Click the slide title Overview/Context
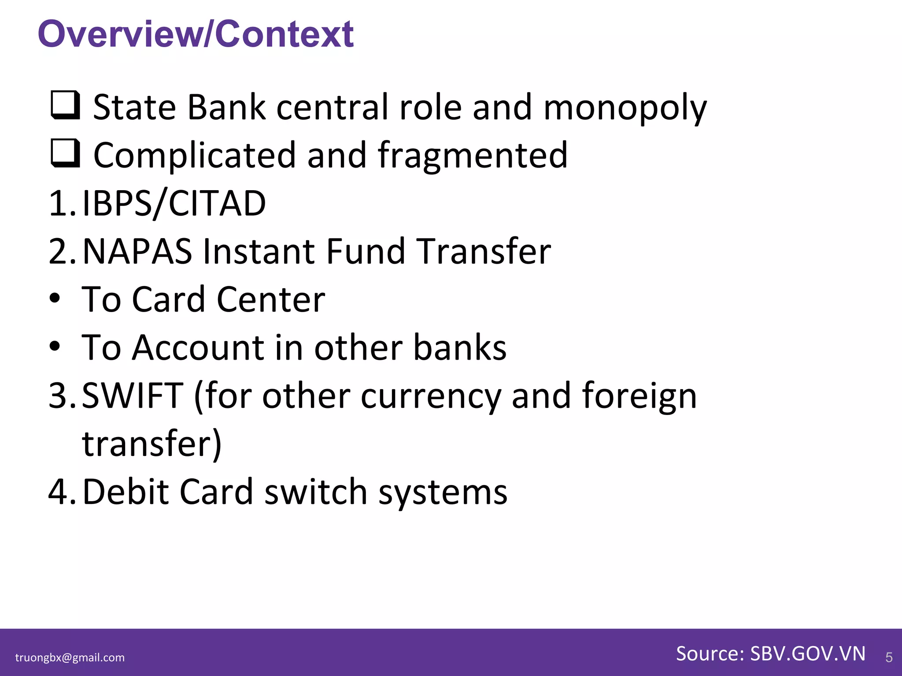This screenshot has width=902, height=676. click(x=196, y=34)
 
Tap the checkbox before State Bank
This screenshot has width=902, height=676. click(x=66, y=105)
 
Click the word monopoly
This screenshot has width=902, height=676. click(x=625, y=108)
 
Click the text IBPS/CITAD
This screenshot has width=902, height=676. click(x=174, y=204)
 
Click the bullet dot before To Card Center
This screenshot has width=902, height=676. click(x=55, y=299)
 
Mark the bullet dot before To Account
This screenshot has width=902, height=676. click(x=55, y=347)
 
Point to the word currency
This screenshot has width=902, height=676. click(x=431, y=396)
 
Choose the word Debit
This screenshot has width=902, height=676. click(x=126, y=492)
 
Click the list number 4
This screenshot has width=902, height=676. click(x=58, y=492)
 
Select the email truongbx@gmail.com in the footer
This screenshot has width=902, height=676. click(x=70, y=658)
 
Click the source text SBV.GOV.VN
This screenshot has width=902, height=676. click(x=808, y=654)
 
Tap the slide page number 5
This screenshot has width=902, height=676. click(x=889, y=658)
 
